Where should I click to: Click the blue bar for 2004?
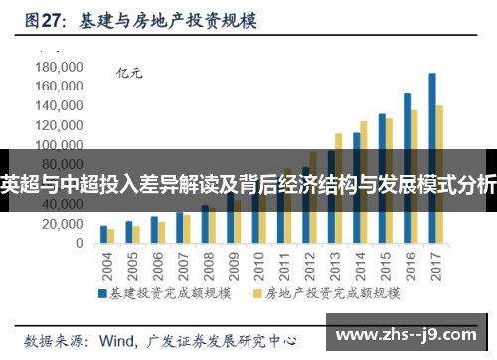pos(103,235)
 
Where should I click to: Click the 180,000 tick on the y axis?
pos(58,66)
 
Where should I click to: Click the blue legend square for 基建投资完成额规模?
pos(101,295)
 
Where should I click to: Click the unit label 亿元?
pos(130,72)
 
